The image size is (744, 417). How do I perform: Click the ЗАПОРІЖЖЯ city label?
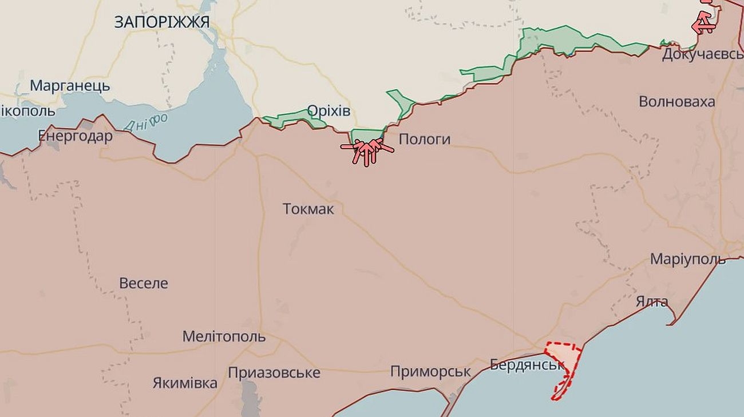[x=161, y=22]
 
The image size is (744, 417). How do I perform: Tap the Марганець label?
[x=70, y=86]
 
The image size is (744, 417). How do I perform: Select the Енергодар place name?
[x=75, y=136]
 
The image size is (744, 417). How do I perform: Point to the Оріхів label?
[x=329, y=110]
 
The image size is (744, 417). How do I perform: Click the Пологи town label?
[x=424, y=139]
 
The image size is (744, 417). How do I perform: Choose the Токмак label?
[x=308, y=209]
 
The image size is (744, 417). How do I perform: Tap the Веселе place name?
[x=144, y=283]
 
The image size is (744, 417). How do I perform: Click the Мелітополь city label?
[x=224, y=336]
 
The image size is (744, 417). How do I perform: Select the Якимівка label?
[x=185, y=383]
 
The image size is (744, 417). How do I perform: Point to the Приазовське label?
[x=274, y=373]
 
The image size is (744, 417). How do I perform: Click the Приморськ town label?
[x=430, y=372]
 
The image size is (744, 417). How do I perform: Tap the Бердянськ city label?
[x=527, y=364]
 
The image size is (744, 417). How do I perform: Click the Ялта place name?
[x=652, y=301]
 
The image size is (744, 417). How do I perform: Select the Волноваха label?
[x=676, y=102]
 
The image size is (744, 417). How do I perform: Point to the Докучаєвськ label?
[x=703, y=54]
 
